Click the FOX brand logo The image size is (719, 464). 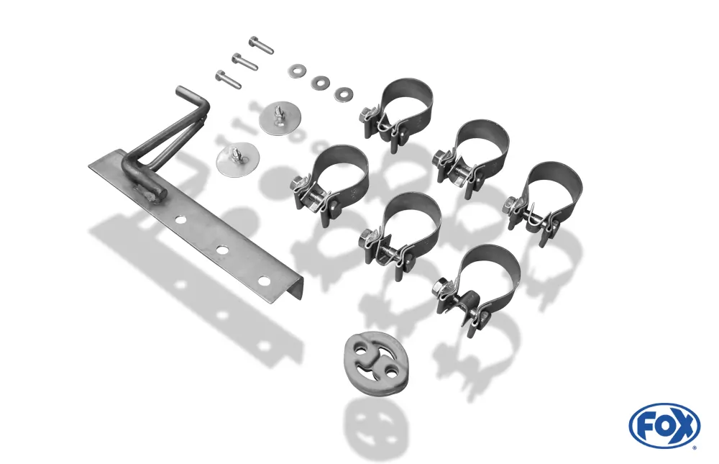click(x=664, y=424)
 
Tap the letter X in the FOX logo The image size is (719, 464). click(x=684, y=425)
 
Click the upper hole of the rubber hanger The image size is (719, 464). click(x=364, y=352)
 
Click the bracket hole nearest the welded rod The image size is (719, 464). click(x=180, y=221)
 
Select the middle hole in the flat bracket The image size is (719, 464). click(x=223, y=250)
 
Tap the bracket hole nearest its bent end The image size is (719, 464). click(x=264, y=280)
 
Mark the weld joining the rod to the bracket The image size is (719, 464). click(x=149, y=195)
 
